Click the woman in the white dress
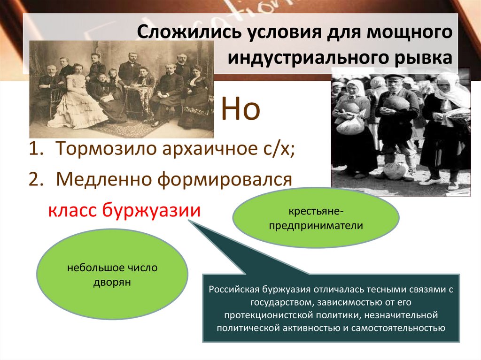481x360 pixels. [77, 101]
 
